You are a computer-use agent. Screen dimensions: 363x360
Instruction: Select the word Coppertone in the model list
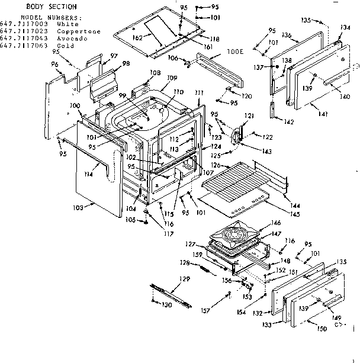(x=79, y=31)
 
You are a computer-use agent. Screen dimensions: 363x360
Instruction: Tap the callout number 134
(x=345, y=27)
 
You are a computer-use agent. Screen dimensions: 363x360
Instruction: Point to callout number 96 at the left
(x=55, y=64)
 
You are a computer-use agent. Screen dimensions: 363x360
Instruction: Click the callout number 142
(x=289, y=122)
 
